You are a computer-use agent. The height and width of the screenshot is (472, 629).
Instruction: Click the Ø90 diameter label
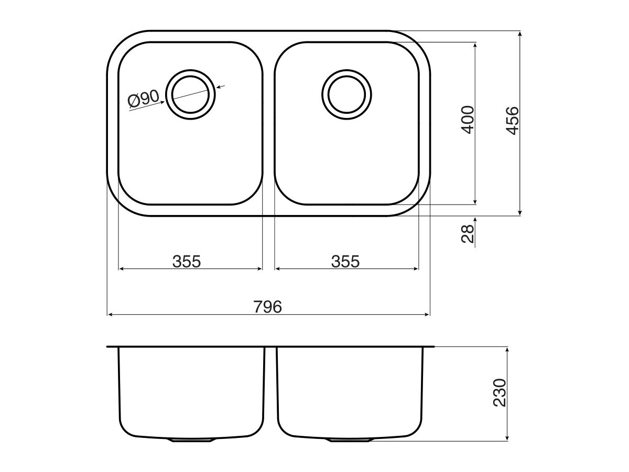(143, 98)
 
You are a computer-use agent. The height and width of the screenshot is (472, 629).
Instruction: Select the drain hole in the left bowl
(191, 94)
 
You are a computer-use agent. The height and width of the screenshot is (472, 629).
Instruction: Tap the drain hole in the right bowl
(346, 94)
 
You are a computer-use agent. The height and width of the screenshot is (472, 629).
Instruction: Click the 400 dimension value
(468, 120)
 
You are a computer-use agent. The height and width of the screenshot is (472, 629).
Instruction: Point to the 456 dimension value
(513, 120)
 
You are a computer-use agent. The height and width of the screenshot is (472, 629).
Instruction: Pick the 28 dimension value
(468, 232)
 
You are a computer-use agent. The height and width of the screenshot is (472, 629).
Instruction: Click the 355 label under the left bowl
(187, 261)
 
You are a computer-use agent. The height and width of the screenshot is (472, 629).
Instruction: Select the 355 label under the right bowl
(345, 261)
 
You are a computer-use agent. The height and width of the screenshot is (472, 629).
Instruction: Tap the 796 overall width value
(268, 307)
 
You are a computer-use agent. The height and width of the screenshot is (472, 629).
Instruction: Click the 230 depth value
(500, 393)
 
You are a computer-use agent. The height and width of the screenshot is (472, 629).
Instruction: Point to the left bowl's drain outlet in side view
(191, 439)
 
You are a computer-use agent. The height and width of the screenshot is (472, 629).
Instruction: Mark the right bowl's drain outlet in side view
(350, 439)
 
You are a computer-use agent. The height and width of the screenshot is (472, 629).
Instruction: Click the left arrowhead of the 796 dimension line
(110, 315)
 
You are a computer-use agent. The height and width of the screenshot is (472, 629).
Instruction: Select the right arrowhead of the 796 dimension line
(427, 315)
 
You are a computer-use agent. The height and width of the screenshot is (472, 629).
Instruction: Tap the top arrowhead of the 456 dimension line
(519, 34)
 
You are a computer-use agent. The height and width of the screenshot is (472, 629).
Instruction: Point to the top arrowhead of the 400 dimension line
(475, 45)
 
